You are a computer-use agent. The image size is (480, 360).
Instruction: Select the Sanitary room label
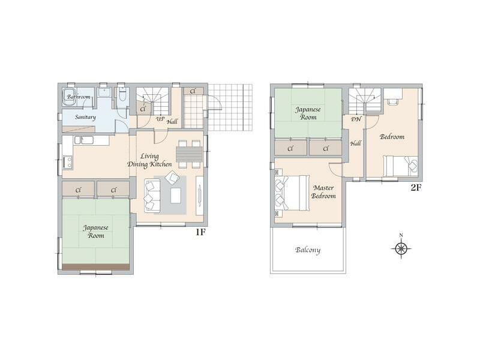[x=85, y=117]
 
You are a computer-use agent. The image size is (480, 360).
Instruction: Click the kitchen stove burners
[x=68, y=162]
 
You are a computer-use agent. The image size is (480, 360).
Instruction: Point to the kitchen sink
[x=83, y=140]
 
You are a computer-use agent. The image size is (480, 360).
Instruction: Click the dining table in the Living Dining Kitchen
[x=189, y=154]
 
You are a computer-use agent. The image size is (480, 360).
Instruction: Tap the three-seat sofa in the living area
[x=152, y=196]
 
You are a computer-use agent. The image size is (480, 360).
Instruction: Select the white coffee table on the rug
[x=175, y=196]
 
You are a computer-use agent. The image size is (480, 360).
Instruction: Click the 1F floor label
[x=200, y=232]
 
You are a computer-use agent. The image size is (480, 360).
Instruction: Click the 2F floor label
[x=416, y=187]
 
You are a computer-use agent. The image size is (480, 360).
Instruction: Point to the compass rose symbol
[x=401, y=248]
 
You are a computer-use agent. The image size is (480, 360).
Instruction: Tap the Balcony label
[x=308, y=250]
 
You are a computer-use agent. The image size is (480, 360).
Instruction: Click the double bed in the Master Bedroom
[x=292, y=193]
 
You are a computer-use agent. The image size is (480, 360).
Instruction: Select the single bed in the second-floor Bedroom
[x=400, y=166]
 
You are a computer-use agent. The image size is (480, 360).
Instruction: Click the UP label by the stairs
[x=160, y=119]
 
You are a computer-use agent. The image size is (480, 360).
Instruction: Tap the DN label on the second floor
[x=356, y=119]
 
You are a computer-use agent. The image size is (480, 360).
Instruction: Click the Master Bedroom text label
[x=323, y=192]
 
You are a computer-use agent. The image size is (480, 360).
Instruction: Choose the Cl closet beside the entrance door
[x=193, y=91]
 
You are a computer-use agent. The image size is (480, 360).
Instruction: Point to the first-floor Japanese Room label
[x=96, y=232]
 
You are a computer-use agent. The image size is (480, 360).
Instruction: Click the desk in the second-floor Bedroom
[x=393, y=94]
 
